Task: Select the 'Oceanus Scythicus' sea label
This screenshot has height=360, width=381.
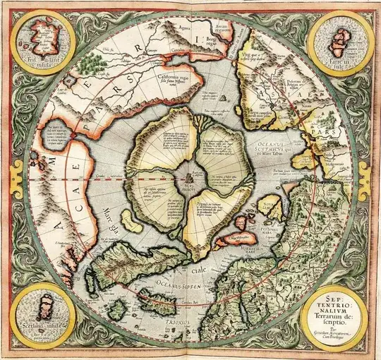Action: tap(270, 145)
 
